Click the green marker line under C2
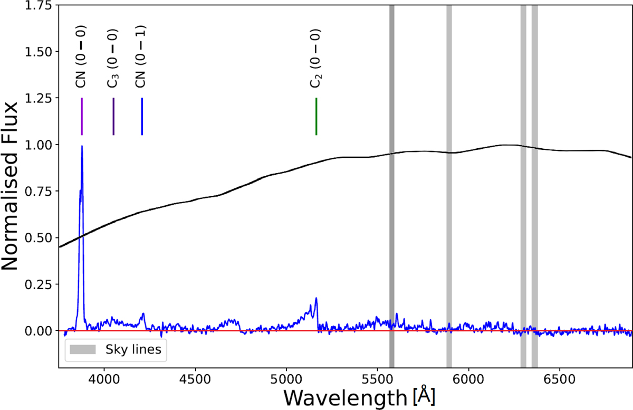pos(316,116)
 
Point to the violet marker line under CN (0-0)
pos(82,116)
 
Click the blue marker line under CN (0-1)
pos(142,116)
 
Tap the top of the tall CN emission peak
pos(82,147)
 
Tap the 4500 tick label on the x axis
pos(195,379)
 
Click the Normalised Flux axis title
pos(13,186)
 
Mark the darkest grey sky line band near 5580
pos(392,185)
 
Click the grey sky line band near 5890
pos(449,185)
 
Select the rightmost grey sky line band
pos(535,185)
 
